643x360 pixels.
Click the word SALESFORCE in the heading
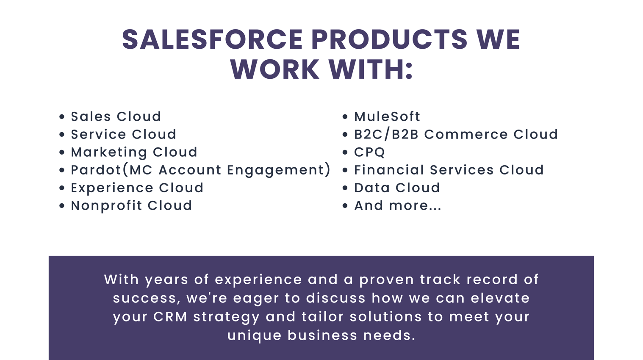point(212,39)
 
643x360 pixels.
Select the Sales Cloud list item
point(116,116)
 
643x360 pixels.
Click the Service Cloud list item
point(123,134)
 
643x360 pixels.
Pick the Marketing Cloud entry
point(134,152)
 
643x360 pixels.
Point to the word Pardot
point(96,170)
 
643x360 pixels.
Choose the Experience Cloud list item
point(137,188)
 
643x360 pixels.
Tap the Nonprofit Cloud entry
point(131,206)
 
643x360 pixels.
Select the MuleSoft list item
point(387,116)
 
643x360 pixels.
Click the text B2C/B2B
point(386,134)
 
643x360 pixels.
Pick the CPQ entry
point(369,152)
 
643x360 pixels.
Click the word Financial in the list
point(389,170)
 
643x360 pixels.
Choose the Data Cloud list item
point(397,188)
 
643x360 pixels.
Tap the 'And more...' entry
point(398,205)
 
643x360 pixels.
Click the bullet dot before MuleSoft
point(345,117)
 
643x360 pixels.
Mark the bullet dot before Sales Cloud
point(62,117)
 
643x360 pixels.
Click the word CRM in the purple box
point(170,317)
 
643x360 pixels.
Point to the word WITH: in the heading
point(371,69)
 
